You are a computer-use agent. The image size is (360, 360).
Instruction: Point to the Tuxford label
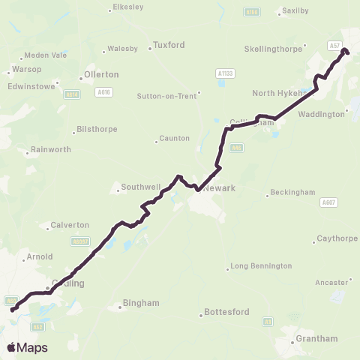(x=169, y=45)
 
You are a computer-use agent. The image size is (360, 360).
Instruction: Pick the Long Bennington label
(x=260, y=266)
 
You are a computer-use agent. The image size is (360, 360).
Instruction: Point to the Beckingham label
(x=289, y=193)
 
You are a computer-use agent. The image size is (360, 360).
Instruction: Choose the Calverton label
(x=70, y=225)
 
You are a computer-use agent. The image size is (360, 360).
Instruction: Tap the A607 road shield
(x=328, y=202)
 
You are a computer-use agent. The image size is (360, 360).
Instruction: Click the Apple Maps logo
(x=27, y=347)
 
